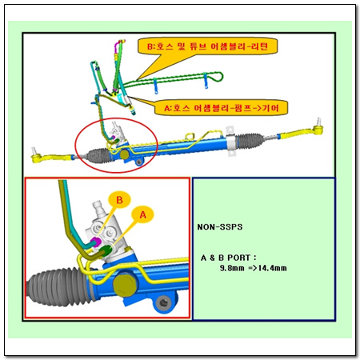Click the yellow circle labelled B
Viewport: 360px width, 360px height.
click(119, 200)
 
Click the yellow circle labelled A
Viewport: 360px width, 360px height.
click(142, 214)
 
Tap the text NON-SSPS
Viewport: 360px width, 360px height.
click(220, 227)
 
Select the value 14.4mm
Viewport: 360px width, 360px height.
click(272, 268)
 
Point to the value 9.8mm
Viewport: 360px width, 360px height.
click(232, 268)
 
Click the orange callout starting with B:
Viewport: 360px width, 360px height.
click(207, 46)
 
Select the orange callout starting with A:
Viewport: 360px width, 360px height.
click(222, 108)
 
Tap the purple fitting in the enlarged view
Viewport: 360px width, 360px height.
click(95, 242)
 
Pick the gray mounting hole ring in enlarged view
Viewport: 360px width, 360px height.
click(163, 302)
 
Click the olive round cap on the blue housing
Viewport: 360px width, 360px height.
click(125, 285)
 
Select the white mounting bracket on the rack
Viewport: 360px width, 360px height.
click(230, 142)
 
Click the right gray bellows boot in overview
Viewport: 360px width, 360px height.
click(250, 140)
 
